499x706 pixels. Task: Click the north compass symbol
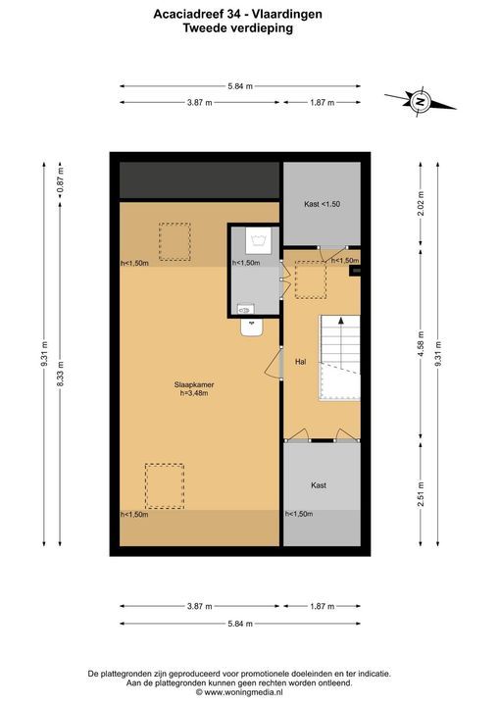421,101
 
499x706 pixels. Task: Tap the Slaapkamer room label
194,385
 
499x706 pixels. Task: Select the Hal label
301,362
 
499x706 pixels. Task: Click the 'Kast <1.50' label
322,204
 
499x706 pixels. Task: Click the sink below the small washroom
252,328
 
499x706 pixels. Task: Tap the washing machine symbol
259,240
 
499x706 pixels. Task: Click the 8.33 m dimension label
61,375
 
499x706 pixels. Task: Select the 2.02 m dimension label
421,204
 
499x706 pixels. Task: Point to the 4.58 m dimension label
421,343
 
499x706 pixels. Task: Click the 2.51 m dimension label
421,494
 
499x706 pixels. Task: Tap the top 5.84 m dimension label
240,86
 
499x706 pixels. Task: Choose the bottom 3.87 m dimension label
200,606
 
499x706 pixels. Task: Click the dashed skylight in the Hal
311,280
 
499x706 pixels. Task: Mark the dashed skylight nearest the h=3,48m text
165,486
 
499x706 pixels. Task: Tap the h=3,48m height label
194,393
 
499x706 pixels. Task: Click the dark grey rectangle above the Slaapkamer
200,180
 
